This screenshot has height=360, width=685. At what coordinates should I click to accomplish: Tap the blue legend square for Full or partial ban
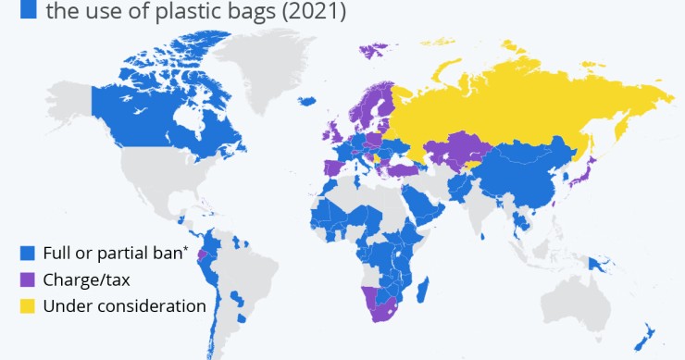(x=27, y=253)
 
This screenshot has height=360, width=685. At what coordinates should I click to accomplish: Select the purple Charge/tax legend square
(x=27, y=279)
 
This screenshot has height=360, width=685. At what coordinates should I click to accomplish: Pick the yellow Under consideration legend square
(x=27, y=305)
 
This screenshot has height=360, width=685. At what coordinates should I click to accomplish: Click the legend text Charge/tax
(x=82, y=279)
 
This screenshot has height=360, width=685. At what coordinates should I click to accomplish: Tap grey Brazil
(x=255, y=268)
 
